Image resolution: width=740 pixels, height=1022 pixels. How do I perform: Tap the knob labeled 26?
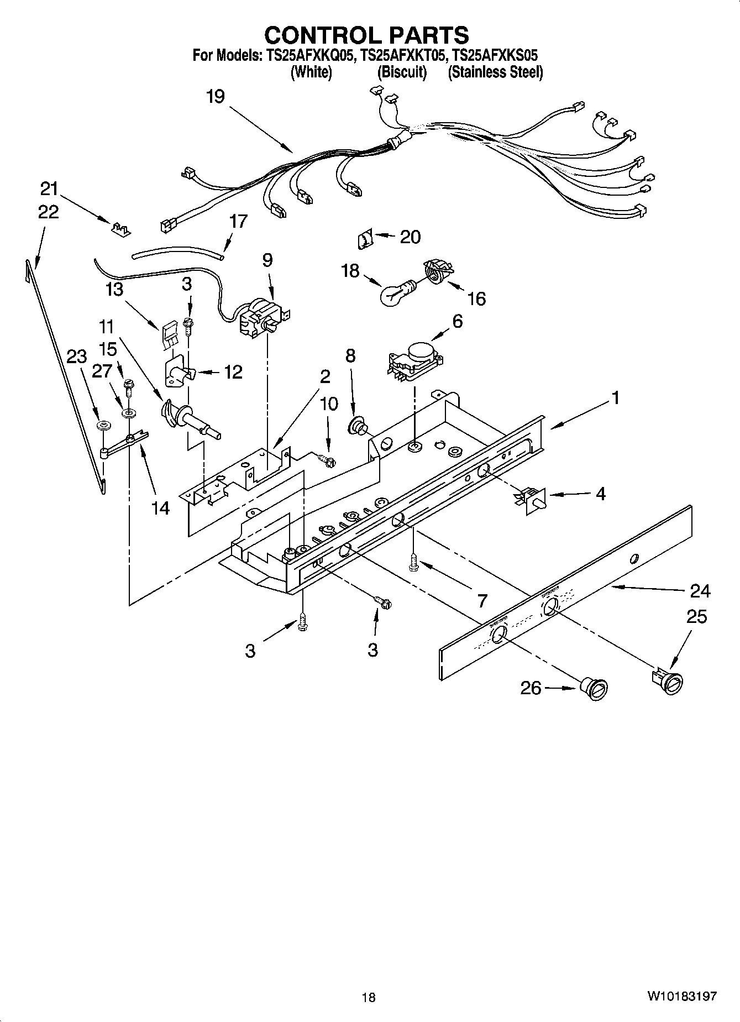(595, 690)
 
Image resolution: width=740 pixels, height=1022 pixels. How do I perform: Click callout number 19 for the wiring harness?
(216, 96)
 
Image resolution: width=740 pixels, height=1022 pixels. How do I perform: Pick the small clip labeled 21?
(121, 228)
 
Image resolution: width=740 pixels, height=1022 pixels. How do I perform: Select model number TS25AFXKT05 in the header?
(402, 55)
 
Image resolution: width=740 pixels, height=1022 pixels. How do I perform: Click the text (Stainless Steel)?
(495, 72)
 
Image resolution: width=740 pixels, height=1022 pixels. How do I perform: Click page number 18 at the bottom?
(369, 997)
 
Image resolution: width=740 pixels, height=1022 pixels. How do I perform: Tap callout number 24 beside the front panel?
(700, 591)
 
